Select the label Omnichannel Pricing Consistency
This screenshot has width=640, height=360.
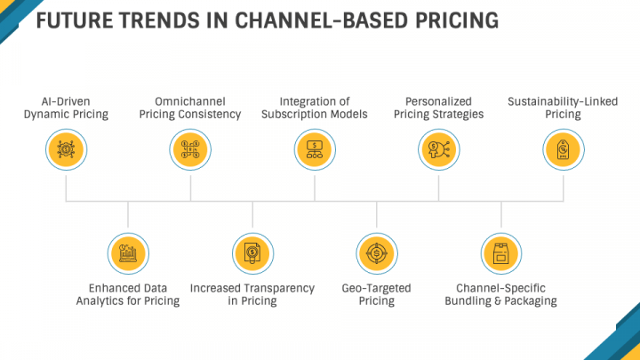(x=190, y=108)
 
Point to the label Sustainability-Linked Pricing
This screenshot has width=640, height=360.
(x=564, y=108)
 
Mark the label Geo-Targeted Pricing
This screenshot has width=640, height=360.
(x=377, y=294)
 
